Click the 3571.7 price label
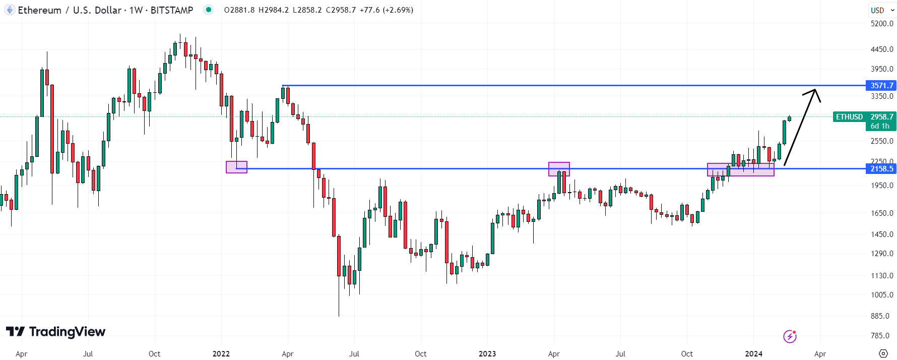pos(881,86)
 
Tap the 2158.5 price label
pos(881,169)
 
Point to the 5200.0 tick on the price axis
pos(882,24)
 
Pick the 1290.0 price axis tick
pos(882,254)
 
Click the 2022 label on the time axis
pos(221,354)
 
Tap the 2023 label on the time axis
pos(487,354)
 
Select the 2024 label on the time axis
pos(753,354)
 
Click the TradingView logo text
pos(67,332)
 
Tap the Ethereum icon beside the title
pos(10,10)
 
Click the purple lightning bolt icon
pos(790,336)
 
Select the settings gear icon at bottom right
pos(883,353)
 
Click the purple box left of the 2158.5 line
pos(236,167)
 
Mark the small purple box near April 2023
pos(559,169)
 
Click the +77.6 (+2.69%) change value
pos(387,10)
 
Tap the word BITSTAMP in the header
pos(172,10)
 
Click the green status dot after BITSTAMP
pos(208,10)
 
